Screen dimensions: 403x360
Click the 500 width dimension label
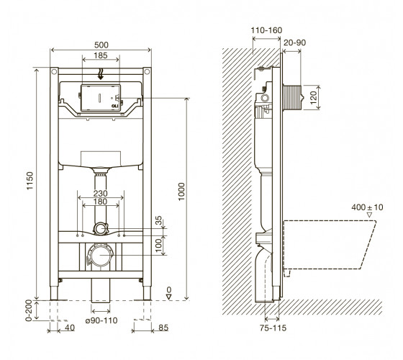tap(101, 45)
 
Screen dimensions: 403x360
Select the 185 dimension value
tap(101, 55)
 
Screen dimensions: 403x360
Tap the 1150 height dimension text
tap(30, 181)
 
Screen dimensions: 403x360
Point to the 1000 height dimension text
tap(181, 192)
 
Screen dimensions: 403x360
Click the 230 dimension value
tap(100, 193)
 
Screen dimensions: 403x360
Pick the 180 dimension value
tap(100, 202)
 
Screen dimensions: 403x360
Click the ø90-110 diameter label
tap(101, 320)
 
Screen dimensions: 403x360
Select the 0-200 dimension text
tap(29, 310)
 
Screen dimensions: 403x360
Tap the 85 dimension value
tap(163, 328)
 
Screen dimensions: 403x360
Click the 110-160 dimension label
tap(266, 30)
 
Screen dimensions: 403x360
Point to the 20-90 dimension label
tap(294, 42)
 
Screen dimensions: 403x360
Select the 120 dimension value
tap(314, 97)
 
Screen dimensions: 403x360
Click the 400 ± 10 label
tap(367, 207)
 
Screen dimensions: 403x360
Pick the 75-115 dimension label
tap(273, 328)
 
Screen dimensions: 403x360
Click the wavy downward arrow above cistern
tap(101, 74)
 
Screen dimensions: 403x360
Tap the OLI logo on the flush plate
tap(114, 106)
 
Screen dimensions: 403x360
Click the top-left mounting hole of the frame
tap(54, 71)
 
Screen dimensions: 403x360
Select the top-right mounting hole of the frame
tap(147, 71)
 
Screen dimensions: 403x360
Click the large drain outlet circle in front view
tap(100, 255)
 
